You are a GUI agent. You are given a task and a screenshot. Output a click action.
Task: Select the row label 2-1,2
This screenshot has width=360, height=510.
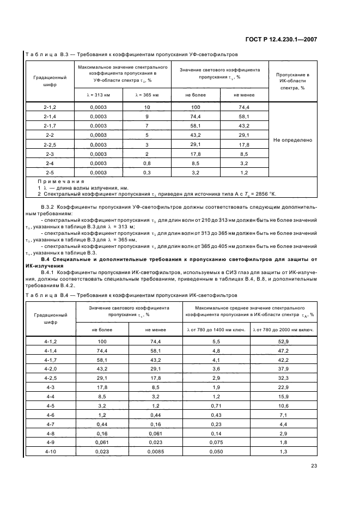[50, 107]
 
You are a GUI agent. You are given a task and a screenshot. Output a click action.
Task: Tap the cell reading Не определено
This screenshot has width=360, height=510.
[293, 140]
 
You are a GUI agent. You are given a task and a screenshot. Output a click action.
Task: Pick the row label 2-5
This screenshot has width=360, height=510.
[50, 172]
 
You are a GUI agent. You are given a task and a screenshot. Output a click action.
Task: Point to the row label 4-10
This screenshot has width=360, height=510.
[50, 451]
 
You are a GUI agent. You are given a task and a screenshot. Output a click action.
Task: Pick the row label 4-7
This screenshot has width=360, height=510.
[50, 423]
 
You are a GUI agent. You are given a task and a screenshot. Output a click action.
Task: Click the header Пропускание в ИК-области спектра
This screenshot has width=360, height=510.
[293, 81]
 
